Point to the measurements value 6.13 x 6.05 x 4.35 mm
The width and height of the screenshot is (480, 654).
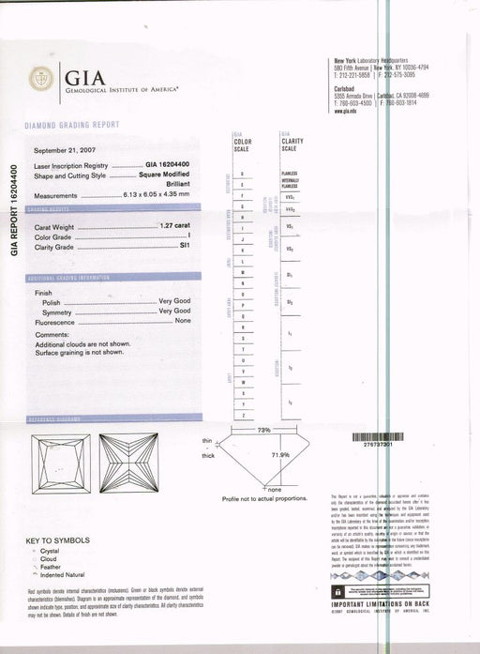[165, 195]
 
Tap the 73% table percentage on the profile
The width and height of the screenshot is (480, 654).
[263, 429]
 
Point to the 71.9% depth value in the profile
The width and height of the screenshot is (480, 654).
[279, 454]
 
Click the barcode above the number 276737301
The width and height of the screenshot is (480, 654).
[381, 436]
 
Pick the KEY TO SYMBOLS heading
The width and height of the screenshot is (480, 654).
[58, 540]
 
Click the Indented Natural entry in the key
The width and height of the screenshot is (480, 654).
[67, 574]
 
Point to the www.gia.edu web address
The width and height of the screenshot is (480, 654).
[343, 111]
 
